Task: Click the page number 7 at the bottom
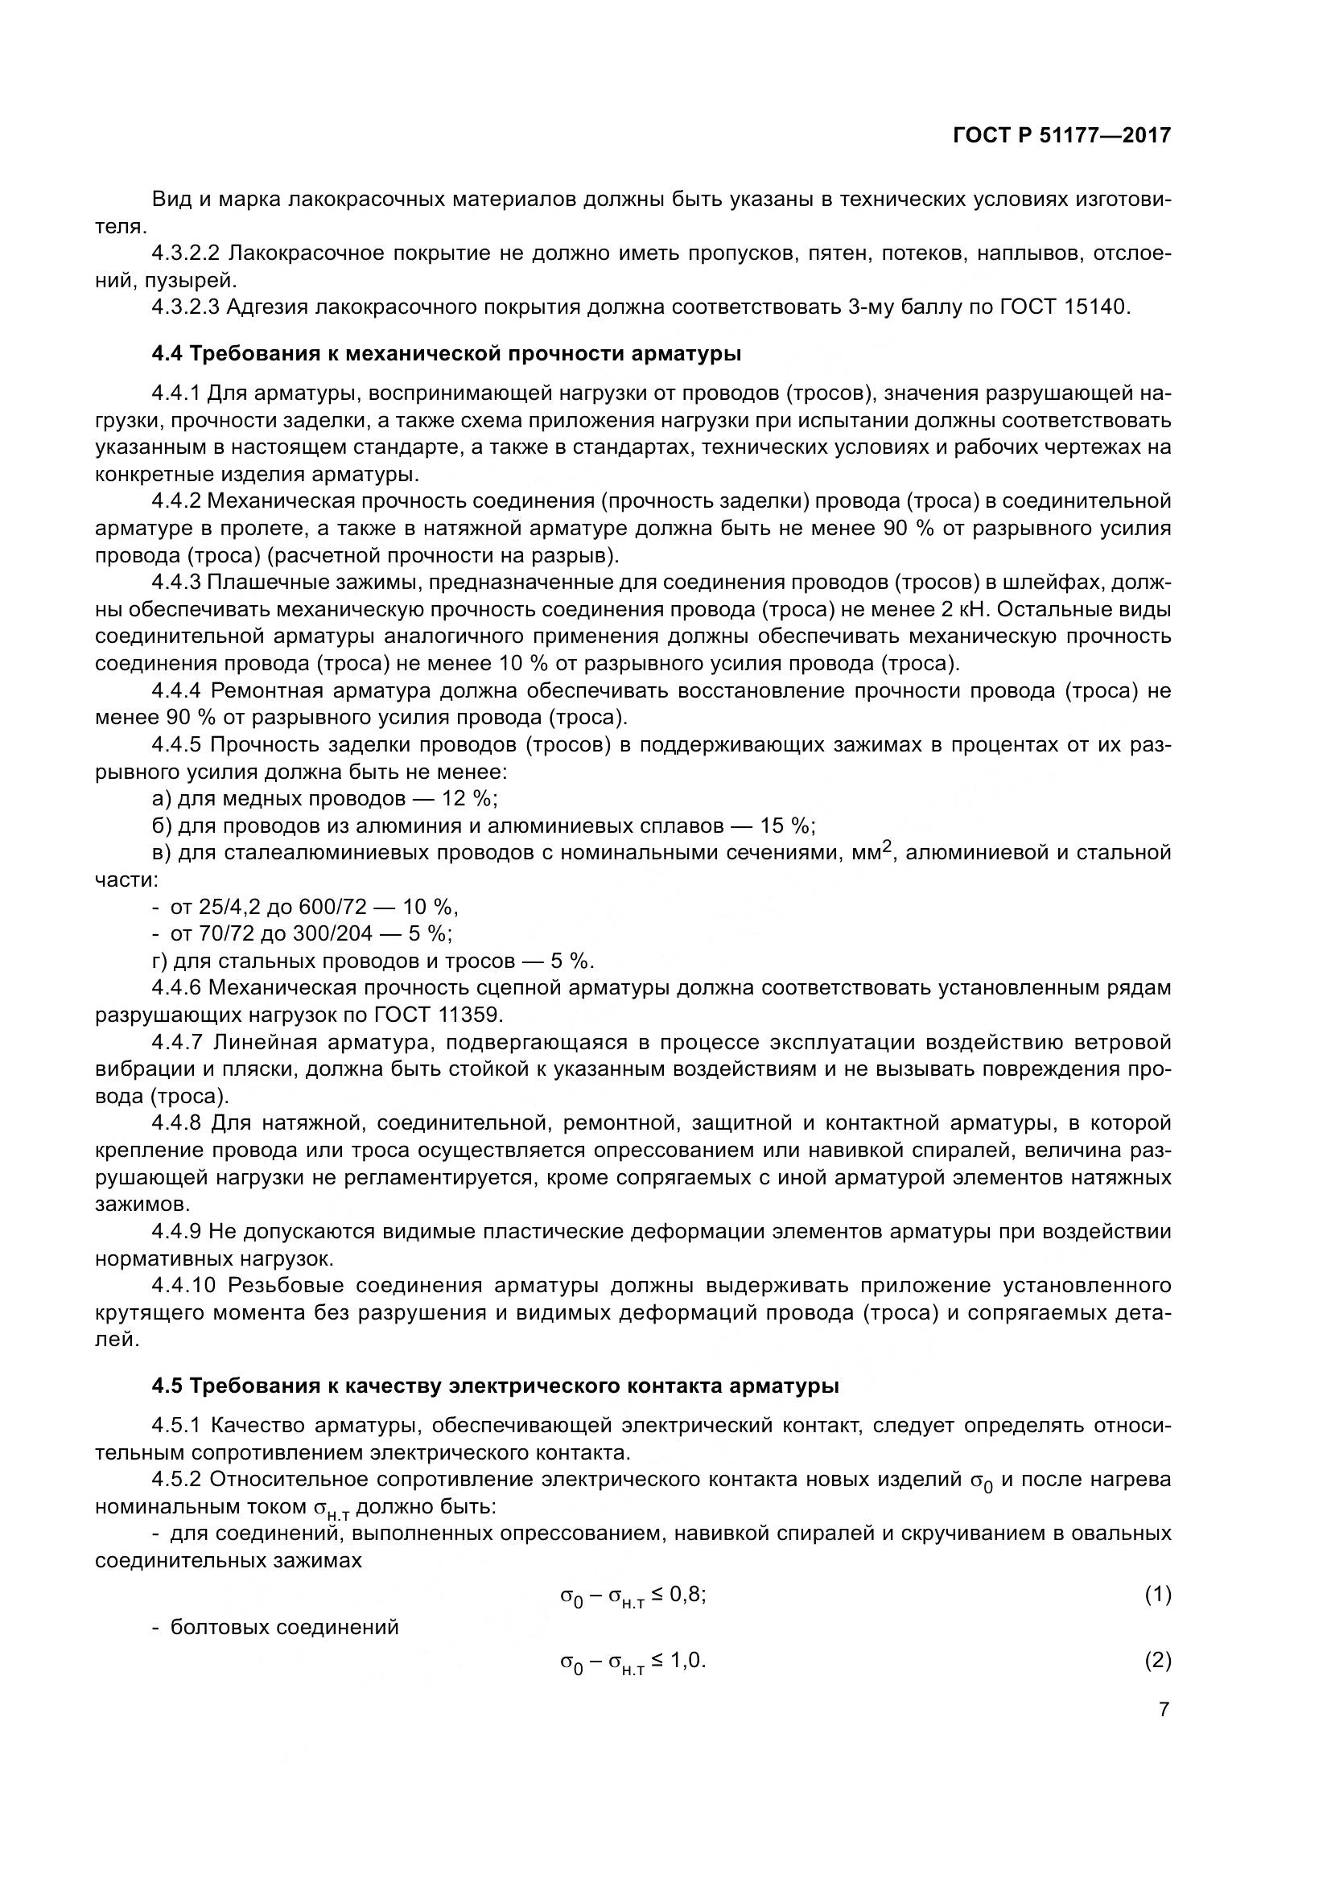tap(1164, 1710)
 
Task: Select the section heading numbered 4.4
tap(447, 354)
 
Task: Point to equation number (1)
tap(1157, 1594)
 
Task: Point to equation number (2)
tap(1157, 1661)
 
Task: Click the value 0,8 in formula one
tap(686, 1594)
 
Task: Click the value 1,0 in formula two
tap(686, 1661)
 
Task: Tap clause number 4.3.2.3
tap(185, 307)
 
